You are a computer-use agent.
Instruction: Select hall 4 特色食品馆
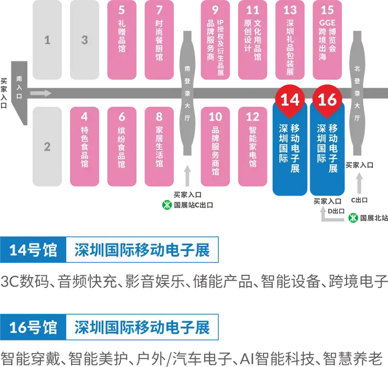[84, 146]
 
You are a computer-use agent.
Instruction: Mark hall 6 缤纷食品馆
[121, 146]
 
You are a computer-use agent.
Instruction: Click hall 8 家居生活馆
[158, 146]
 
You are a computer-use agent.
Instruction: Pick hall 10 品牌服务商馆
[215, 146]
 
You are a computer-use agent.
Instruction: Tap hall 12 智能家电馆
[252, 146]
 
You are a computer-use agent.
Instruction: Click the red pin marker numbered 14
[290, 100]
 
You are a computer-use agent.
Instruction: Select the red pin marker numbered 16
[327, 100]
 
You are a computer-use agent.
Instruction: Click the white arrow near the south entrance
[41, 94]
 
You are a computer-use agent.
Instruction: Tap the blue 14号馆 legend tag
[33, 250]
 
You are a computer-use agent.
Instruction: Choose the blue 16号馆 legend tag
[33, 327]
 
